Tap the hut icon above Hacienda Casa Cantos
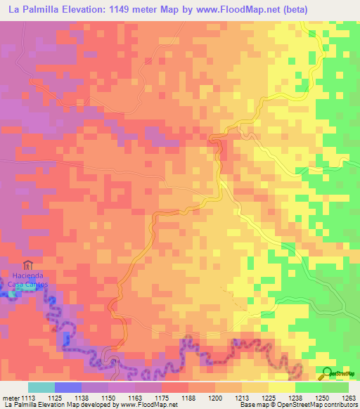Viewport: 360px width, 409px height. coord(27,265)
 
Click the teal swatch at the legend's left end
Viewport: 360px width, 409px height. coord(41,387)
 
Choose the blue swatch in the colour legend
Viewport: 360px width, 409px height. coord(68,387)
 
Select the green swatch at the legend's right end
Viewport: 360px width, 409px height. coord(335,387)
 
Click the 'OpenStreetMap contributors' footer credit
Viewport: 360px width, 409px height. coord(325,405)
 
